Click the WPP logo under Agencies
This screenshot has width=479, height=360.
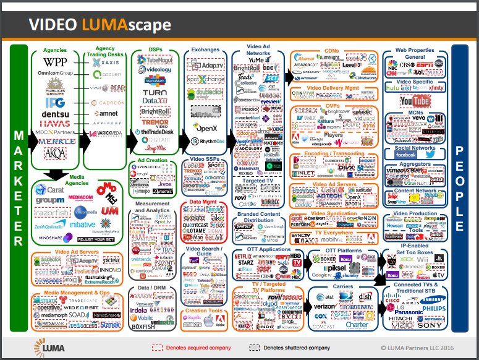point(56,62)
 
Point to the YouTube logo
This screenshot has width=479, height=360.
point(414,101)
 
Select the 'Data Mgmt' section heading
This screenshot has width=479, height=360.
point(202,202)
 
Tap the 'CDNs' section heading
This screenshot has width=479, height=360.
point(331,51)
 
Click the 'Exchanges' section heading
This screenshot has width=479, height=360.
point(205,49)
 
